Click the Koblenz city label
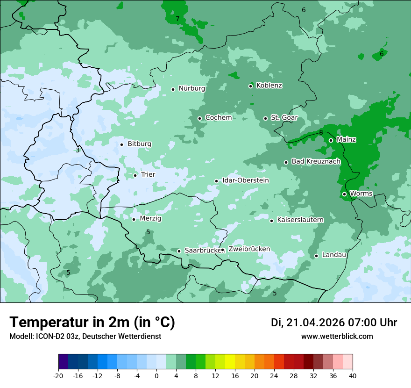[269, 86]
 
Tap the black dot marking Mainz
[331, 140]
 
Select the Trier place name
[148, 175]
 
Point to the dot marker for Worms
[344, 194]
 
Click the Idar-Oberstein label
[246, 180]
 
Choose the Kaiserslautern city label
[300, 220]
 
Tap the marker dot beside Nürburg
[173, 89]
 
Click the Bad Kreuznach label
[316, 162]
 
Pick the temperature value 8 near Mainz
[321, 133]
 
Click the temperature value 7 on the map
[177, 19]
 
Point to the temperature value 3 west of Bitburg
[78, 151]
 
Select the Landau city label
[334, 255]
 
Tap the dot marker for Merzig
[134, 219]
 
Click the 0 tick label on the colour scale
[156, 376]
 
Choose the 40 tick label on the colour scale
[353, 376]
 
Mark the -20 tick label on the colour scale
[58, 376]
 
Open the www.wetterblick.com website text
[337, 337]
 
